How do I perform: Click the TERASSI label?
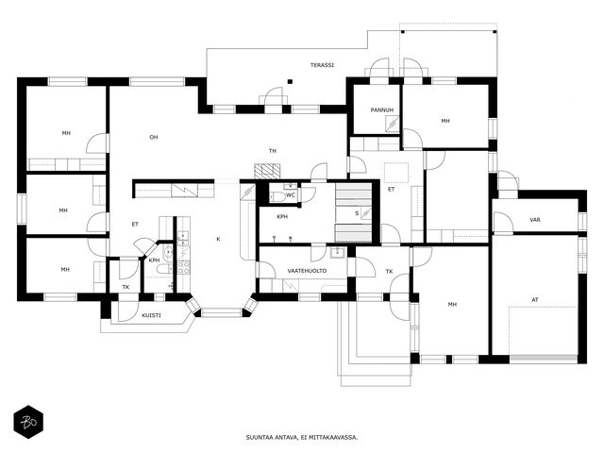[x=322, y=65]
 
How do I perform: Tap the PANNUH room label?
[x=382, y=110]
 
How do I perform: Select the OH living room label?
[x=154, y=137]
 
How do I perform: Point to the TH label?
[x=273, y=151]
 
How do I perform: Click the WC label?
[x=291, y=195]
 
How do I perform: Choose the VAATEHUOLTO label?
[x=307, y=271]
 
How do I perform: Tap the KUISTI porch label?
[x=151, y=315]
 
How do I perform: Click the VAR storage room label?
[x=535, y=220]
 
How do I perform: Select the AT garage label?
[x=535, y=300]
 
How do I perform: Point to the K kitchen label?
[x=218, y=239]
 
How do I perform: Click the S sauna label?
[x=357, y=213]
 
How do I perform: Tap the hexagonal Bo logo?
[x=28, y=422]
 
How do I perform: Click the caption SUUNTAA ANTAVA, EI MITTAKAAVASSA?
[x=302, y=438]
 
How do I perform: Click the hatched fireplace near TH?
[x=267, y=171]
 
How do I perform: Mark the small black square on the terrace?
[x=290, y=81]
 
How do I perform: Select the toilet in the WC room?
[x=277, y=197]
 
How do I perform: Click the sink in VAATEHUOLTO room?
[x=338, y=252]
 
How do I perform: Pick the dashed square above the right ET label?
[x=396, y=173]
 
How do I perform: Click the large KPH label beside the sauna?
[x=282, y=217]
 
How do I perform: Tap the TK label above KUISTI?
[x=126, y=287]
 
